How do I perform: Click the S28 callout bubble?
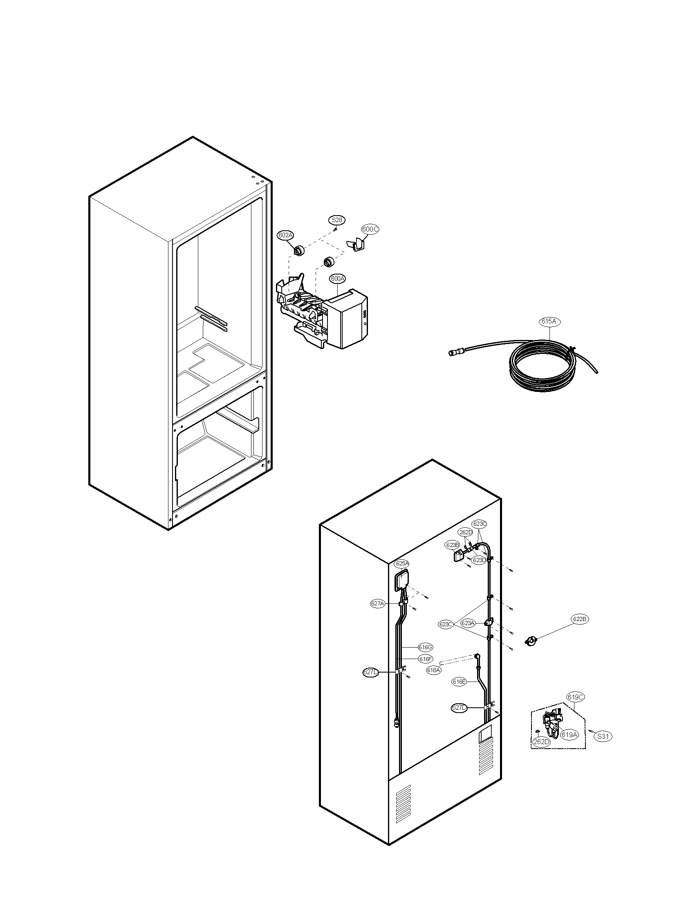[x=337, y=220]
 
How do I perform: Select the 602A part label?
[x=285, y=235]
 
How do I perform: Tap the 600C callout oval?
[x=370, y=229]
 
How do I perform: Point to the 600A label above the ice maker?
[x=337, y=279]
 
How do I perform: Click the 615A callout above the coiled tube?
[x=549, y=322]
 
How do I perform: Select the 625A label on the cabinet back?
[x=402, y=563]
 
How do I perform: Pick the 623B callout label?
[x=452, y=545]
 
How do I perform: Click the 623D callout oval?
[x=479, y=560]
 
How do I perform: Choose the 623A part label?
[x=467, y=623]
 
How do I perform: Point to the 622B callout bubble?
[x=580, y=619]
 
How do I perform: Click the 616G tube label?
[x=425, y=648]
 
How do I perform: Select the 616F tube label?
[x=425, y=659]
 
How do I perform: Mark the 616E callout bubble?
[x=459, y=682]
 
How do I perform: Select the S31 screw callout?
[x=602, y=736]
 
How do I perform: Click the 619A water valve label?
[x=569, y=734]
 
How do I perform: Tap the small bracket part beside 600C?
[x=356, y=245]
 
